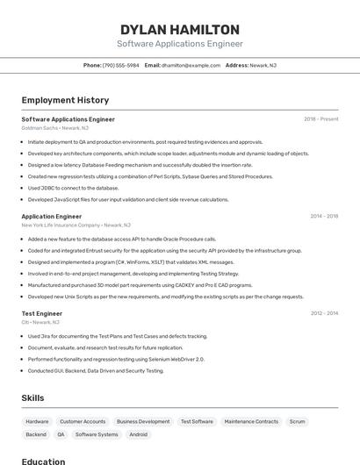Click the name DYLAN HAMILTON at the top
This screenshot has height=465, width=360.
[179, 30]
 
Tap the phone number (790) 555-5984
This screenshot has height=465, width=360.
[120, 65]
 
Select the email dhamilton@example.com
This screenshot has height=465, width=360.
[190, 65]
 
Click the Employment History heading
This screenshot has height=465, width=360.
[65, 100]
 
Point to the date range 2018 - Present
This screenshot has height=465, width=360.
[320, 119]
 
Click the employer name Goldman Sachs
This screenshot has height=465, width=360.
[39, 128]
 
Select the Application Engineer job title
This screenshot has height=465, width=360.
[52, 216]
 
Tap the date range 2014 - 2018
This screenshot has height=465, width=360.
[323, 216]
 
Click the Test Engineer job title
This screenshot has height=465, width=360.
[42, 313]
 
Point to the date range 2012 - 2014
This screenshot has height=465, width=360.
[323, 313]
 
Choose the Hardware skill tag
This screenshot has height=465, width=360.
[37, 421]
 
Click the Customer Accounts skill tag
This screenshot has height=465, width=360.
[83, 421]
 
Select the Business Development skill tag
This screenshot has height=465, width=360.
[143, 421]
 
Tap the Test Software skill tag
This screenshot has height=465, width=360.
[197, 421]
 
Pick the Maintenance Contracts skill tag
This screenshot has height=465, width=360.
[251, 421]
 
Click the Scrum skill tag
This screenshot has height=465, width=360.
[297, 421]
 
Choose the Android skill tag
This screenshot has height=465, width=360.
[138, 434]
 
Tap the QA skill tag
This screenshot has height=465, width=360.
[61, 434]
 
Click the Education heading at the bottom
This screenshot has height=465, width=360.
[43, 461]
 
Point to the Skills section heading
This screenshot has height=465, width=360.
[32, 398]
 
